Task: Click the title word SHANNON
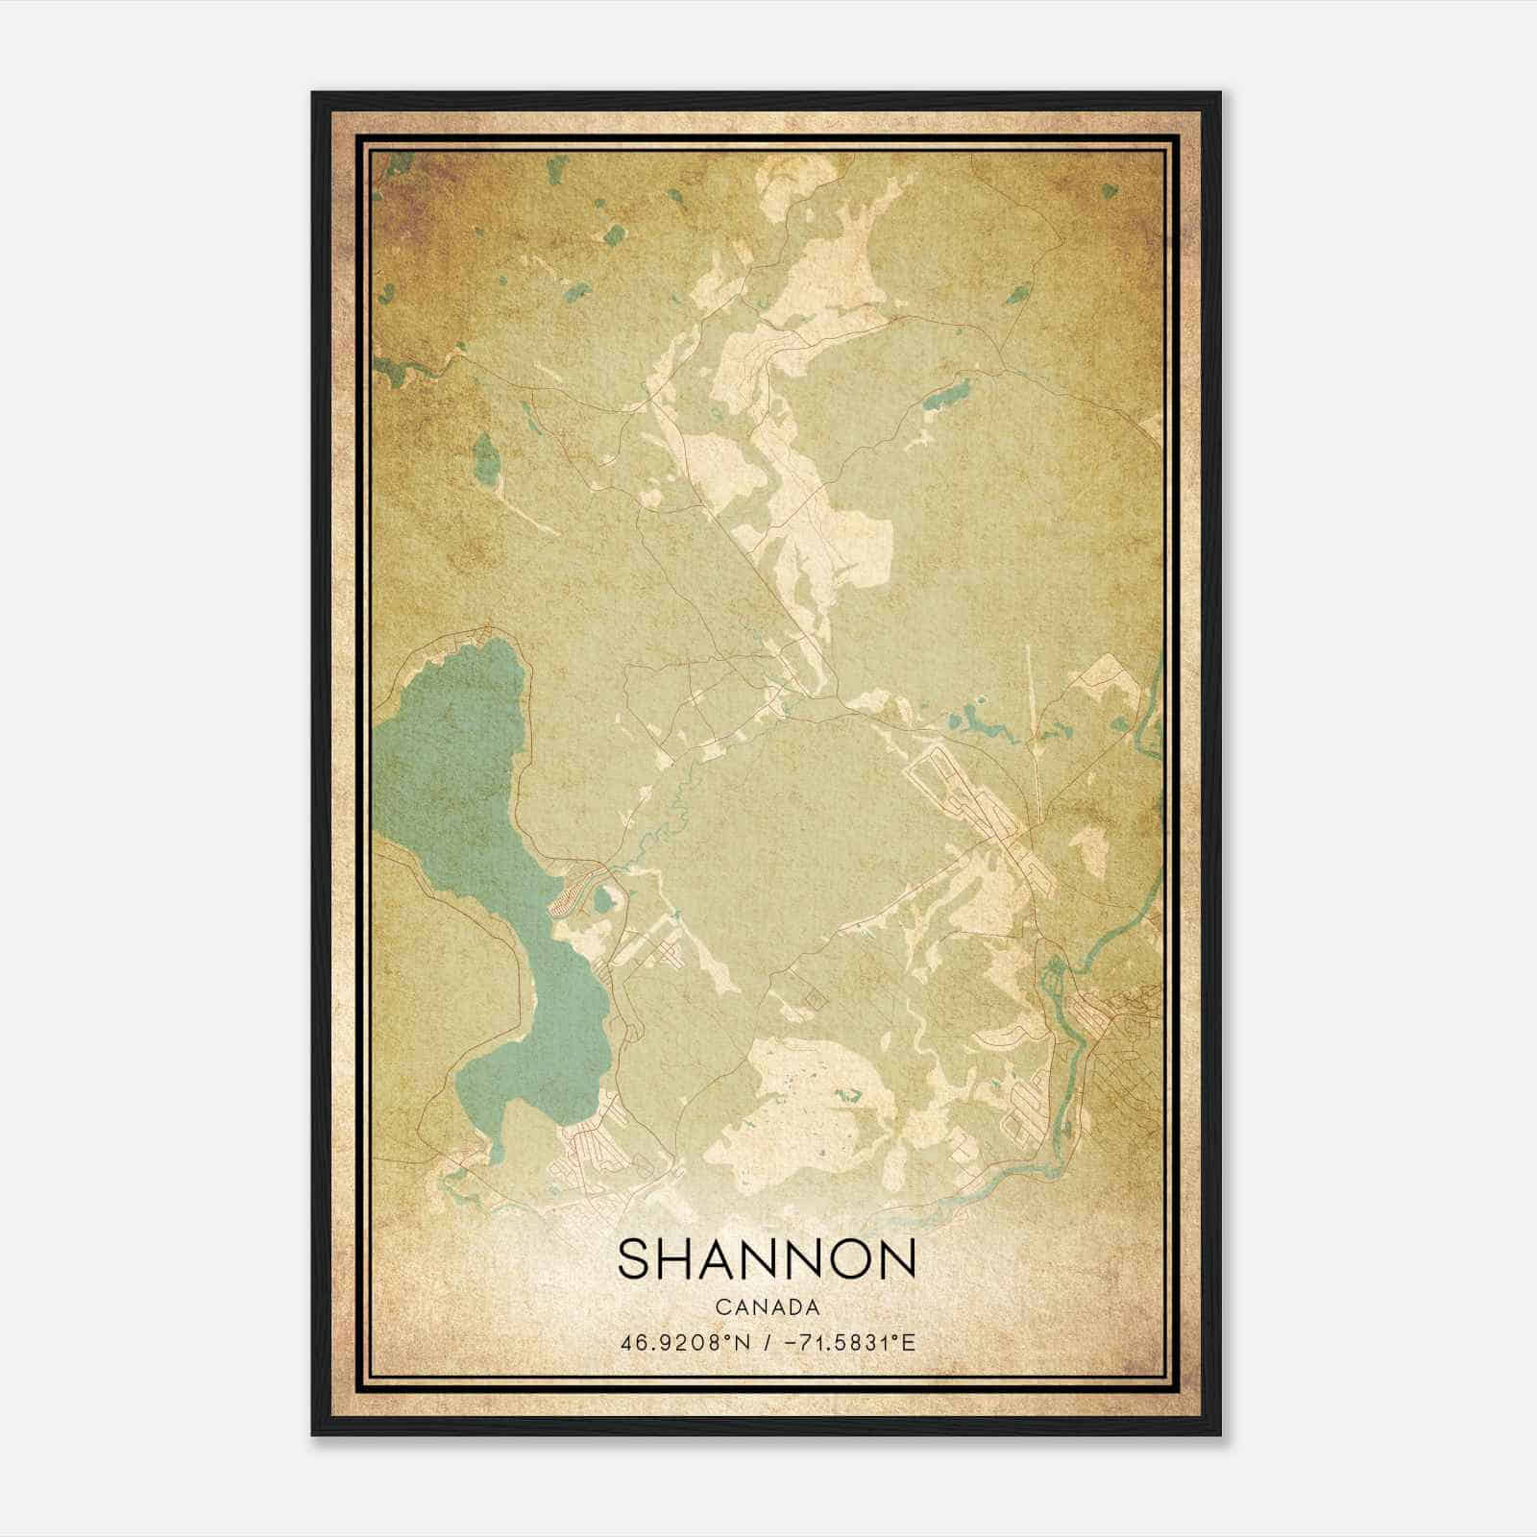click(x=767, y=1259)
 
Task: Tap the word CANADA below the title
click(x=767, y=1307)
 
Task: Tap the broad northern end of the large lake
click(x=480, y=672)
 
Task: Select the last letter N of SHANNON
click(x=896, y=1259)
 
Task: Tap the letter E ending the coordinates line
click(x=910, y=1342)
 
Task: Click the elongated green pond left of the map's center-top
click(x=487, y=458)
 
